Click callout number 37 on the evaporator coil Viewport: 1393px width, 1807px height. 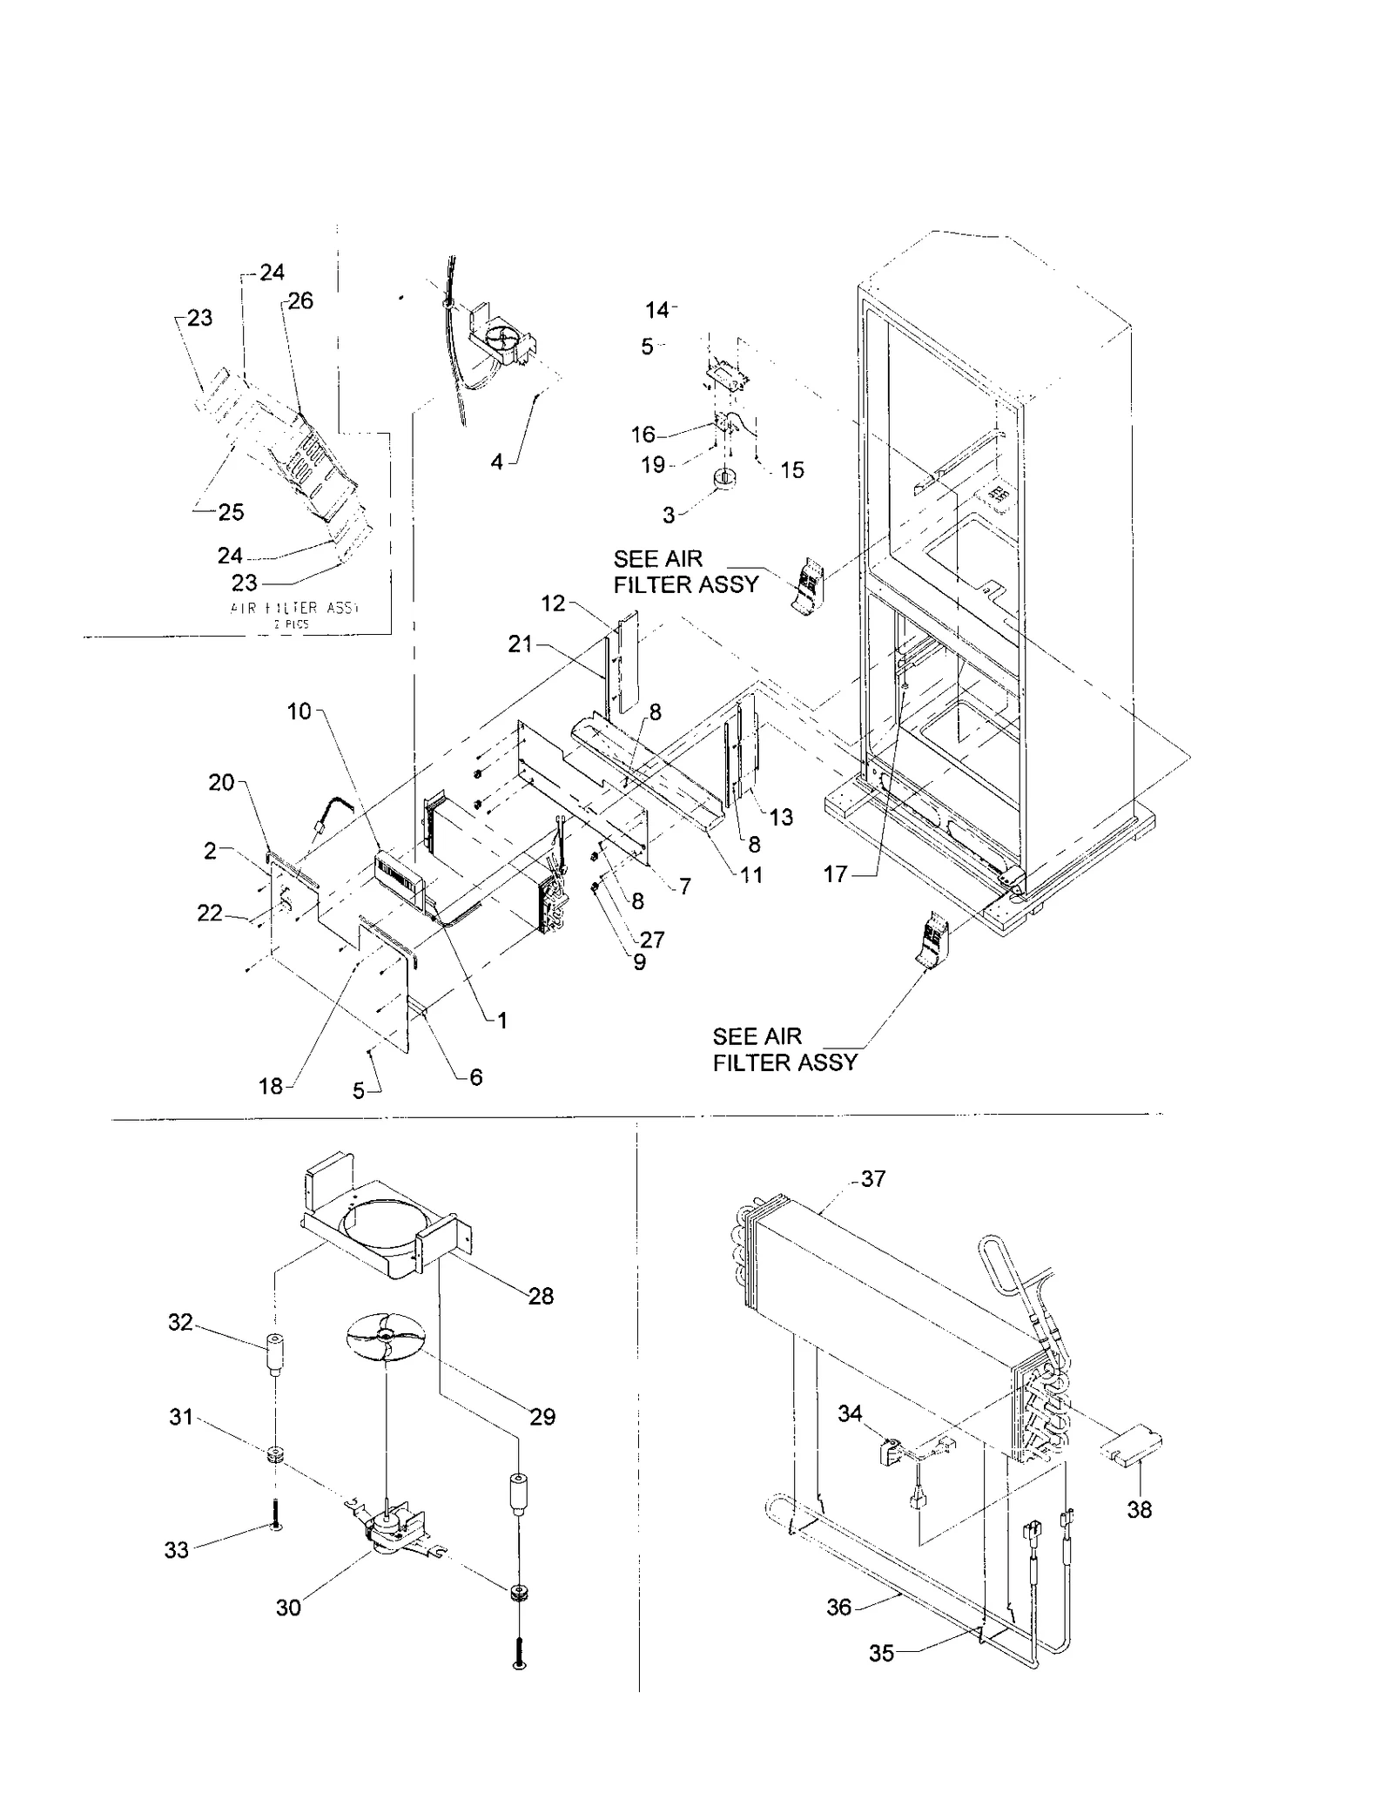pos(872,1179)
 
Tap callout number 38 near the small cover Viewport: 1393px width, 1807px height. pos(1139,1509)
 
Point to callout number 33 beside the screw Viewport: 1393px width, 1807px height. pos(177,1550)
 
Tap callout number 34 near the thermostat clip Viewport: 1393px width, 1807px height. pos(850,1413)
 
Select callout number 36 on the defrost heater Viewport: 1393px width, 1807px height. pos(838,1607)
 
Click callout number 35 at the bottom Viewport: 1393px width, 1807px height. pos(882,1653)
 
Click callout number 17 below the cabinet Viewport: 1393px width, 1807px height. pos(835,873)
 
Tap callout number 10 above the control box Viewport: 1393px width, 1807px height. pos(299,711)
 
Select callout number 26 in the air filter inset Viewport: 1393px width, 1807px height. pos(300,301)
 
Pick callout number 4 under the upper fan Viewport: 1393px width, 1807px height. pos(496,462)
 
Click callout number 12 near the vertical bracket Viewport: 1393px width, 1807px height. pos(553,603)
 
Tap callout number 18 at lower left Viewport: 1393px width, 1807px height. pos(271,1086)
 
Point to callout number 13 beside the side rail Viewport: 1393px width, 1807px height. pos(781,817)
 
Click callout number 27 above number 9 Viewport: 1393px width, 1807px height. pos(652,940)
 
